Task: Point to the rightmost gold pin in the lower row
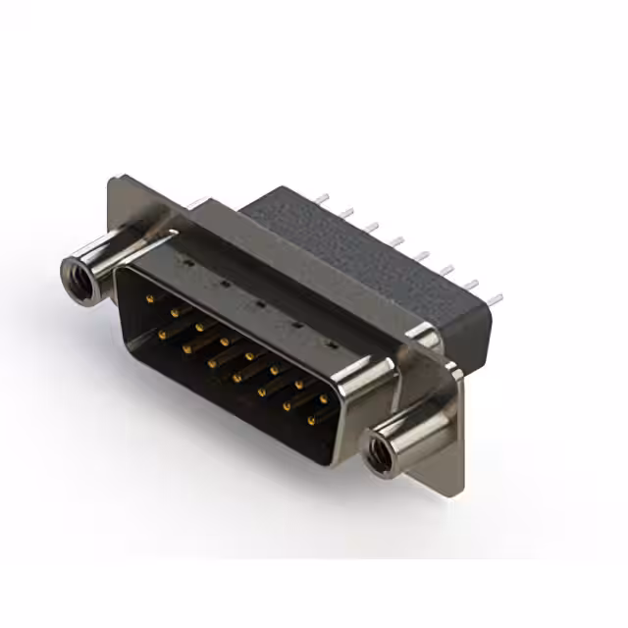pos(311,421)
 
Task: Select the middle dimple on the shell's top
pos(257,303)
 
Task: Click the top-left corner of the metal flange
pos(113,179)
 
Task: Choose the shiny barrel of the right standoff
pos(412,431)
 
